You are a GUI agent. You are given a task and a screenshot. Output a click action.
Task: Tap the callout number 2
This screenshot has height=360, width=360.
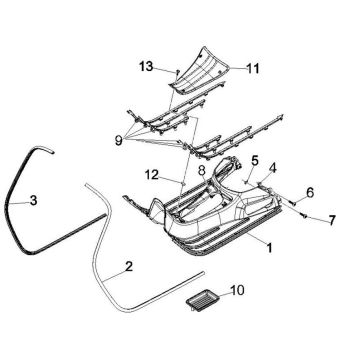127,267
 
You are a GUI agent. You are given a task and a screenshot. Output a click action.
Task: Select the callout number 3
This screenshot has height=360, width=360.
33,201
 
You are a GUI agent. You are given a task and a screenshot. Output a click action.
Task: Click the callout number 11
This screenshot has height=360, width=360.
252,69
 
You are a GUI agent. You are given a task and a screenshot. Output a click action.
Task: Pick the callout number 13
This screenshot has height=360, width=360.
145,67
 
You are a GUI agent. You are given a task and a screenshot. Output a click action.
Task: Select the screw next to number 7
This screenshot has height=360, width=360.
301,211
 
